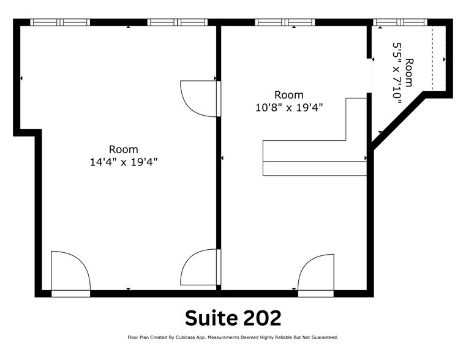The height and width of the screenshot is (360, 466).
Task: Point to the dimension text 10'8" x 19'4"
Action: coord(289,107)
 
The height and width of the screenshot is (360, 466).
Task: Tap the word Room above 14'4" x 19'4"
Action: coord(124,149)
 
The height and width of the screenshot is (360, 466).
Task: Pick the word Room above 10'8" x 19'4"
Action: coord(289,95)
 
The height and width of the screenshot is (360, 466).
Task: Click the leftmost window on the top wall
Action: coord(60,22)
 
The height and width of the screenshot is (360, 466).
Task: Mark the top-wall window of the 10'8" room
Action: coord(285,22)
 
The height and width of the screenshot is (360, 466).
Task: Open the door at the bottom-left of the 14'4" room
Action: coord(70,273)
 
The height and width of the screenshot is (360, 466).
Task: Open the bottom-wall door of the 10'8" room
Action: coord(316,274)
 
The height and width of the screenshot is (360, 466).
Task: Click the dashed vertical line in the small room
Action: coord(432,58)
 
